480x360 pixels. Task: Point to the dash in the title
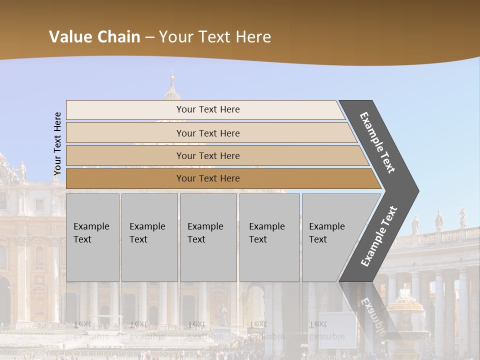click(x=149, y=37)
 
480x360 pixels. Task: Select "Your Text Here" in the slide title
click(x=215, y=36)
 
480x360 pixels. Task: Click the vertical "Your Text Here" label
click(x=57, y=144)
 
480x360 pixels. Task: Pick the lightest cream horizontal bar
click(x=207, y=109)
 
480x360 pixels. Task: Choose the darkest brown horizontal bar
click(x=207, y=178)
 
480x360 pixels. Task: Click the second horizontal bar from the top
click(x=207, y=133)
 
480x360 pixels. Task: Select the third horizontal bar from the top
click(x=207, y=155)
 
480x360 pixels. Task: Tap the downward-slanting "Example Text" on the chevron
click(x=377, y=142)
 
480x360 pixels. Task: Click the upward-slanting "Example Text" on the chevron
click(x=379, y=236)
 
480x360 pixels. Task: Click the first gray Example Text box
click(x=92, y=237)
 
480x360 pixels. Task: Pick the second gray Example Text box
click(x=149, y=237)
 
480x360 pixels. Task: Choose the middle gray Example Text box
click(x=208, y=237)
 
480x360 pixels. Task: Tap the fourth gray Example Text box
click(x=269, y=237)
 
